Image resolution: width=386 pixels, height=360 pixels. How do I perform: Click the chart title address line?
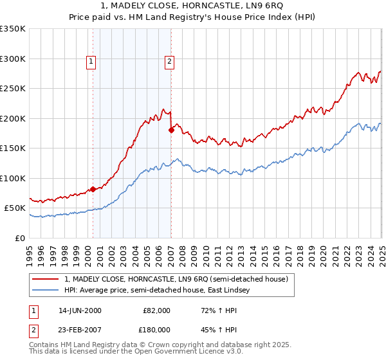[x=193, y=6]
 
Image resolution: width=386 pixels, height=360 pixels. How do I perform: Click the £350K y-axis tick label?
[x=13, y=29]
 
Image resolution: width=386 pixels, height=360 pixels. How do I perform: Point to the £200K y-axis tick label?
[x=13, y=118]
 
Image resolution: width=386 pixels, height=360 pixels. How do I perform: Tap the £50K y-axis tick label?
[x=15, y=208]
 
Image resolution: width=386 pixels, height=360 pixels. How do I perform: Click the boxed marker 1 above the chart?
[x=91, y=62]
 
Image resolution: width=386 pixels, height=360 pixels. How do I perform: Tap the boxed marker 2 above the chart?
[x=169, y=62]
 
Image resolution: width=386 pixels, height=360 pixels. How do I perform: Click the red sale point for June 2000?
[x=93, y=189]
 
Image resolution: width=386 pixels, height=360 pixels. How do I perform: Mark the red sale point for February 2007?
[x=171, y=130]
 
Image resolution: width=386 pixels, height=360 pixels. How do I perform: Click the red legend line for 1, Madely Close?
[x=46, y=279]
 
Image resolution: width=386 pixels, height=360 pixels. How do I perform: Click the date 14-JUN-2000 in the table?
[x=80, y=310]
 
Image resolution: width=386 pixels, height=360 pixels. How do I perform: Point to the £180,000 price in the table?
[x=156, y=329]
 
